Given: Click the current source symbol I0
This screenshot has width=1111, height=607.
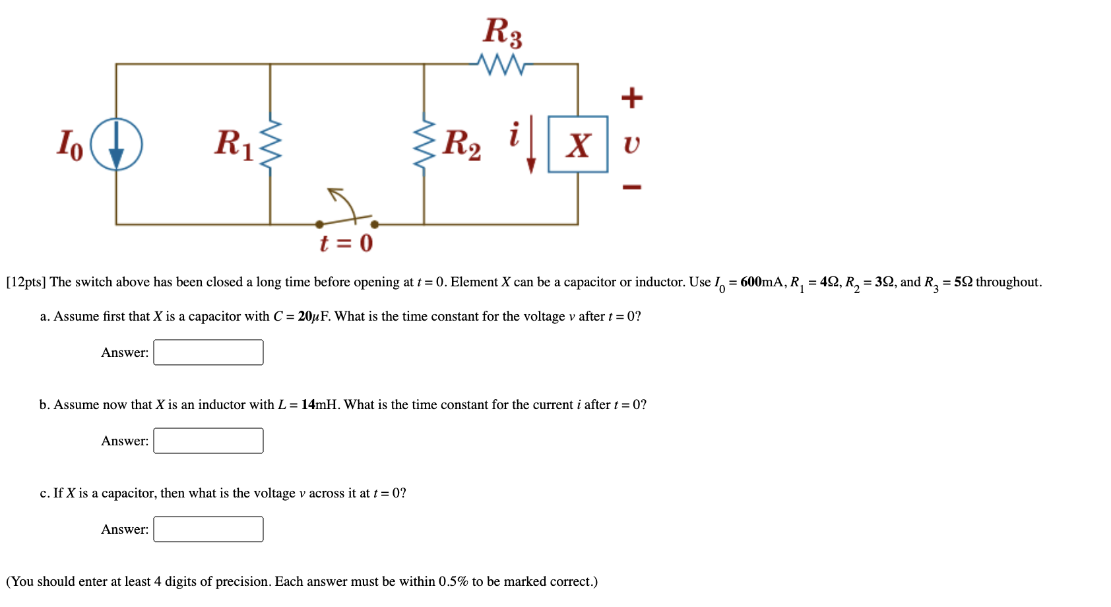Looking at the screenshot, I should click(x=116, y=144).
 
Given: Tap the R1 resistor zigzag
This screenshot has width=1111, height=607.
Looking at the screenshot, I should click(x=270, y=144).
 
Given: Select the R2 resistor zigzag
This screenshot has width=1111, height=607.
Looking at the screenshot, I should click(x=424, y=144).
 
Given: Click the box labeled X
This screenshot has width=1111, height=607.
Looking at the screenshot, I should click(x=578, y=144).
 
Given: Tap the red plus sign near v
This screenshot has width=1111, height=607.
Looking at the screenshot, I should click(x=631, y=98).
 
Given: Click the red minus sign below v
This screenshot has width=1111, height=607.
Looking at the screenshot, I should click(x=631, y=187).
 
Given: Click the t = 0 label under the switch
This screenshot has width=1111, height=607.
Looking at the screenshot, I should click(x=346, y=243).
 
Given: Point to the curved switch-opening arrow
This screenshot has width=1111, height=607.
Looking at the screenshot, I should click(x=342, y=201).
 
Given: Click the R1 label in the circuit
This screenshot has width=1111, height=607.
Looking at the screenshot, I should click(x=234, y=143).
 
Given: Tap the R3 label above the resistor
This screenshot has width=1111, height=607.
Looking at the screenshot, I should click(x=503, y=32).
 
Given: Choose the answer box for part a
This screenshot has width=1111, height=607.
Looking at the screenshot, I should click(x=208, y=352).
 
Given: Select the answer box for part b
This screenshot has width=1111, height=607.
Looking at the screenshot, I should click(x=208, y=441).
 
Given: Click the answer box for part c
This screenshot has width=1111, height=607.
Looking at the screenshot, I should click(x=208, y=529).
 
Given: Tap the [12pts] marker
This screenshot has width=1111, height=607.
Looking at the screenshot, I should click(x=26, y=282).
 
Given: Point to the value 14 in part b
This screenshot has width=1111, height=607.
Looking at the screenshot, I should click(x=308, y=404).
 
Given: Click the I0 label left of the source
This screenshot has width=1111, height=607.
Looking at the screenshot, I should click(x=70, y=144).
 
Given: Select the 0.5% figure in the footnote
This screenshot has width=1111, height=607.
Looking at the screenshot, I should click(x=453, y=581).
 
